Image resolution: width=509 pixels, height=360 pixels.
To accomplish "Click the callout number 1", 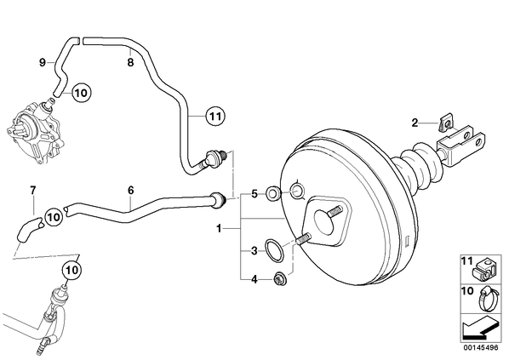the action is pyautogui.click(x=219, y=229).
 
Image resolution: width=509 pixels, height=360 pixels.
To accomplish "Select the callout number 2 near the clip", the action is pyautogui.click(x=415, y=123).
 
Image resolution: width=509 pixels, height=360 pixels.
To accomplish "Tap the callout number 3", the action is pyautogui.click(x=254, y=251).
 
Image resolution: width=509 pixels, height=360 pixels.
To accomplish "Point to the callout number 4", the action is pyautogui.click(x=254, y=279).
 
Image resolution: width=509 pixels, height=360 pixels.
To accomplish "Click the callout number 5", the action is pyautogui.click(x=254, y=194).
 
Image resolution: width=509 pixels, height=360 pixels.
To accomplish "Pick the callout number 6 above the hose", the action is pyautogui.click(x=130, y=191).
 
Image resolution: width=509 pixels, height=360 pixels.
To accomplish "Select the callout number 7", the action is pyautogui.click(x=33, y=191).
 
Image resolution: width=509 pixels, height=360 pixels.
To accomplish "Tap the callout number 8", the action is pyautogui.click(x=130, y=62).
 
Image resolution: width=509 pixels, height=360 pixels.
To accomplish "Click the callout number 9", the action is pyautogui.click(x=43, y=62).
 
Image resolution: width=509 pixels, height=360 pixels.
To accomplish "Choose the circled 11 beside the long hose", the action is pyautogui.click(x=215, y=116).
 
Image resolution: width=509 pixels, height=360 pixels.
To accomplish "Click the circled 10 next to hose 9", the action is pyautogui.click(x=81, y=93).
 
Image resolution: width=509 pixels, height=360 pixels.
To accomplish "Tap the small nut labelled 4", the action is pyautogui.click(x=278, y=278).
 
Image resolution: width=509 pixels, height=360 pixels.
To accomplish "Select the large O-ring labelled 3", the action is pyautogui.click(x=274, y=250).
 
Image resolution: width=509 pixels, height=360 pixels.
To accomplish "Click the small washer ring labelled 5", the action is pyautogui.click(x=272, y=194).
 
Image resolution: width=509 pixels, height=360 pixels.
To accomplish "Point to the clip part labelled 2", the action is pyautogui.click(x=444, y=123).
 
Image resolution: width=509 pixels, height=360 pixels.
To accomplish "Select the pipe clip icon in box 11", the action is pyautogui.click(x=483, y=270).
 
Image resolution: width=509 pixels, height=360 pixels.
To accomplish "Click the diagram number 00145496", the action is pyautogui.click(x=480, y=347).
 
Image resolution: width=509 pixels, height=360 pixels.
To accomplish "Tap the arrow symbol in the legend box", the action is pyautogui.click(x=480, y=328).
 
